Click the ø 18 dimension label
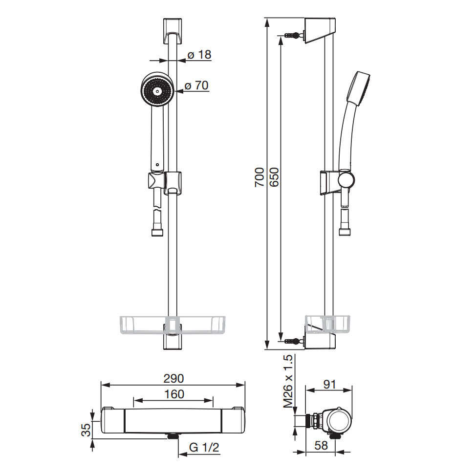pos(199,55)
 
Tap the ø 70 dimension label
pos(196,86)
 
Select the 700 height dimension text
pos(260,177)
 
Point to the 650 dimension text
pos(274,177)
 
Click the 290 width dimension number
pos(173,378)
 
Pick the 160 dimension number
pos(174,394)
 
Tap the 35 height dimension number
pos(86,430)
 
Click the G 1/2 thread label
pos(204,447)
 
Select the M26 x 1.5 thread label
pos(288,381)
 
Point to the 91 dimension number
pos(329,384)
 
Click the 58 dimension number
pos(321,445)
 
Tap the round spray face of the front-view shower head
pos(157,91)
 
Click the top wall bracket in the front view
pos(173,31)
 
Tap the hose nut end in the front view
pos(157,233)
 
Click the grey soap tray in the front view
pos(173,325)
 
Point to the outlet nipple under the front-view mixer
pos(173,436)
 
